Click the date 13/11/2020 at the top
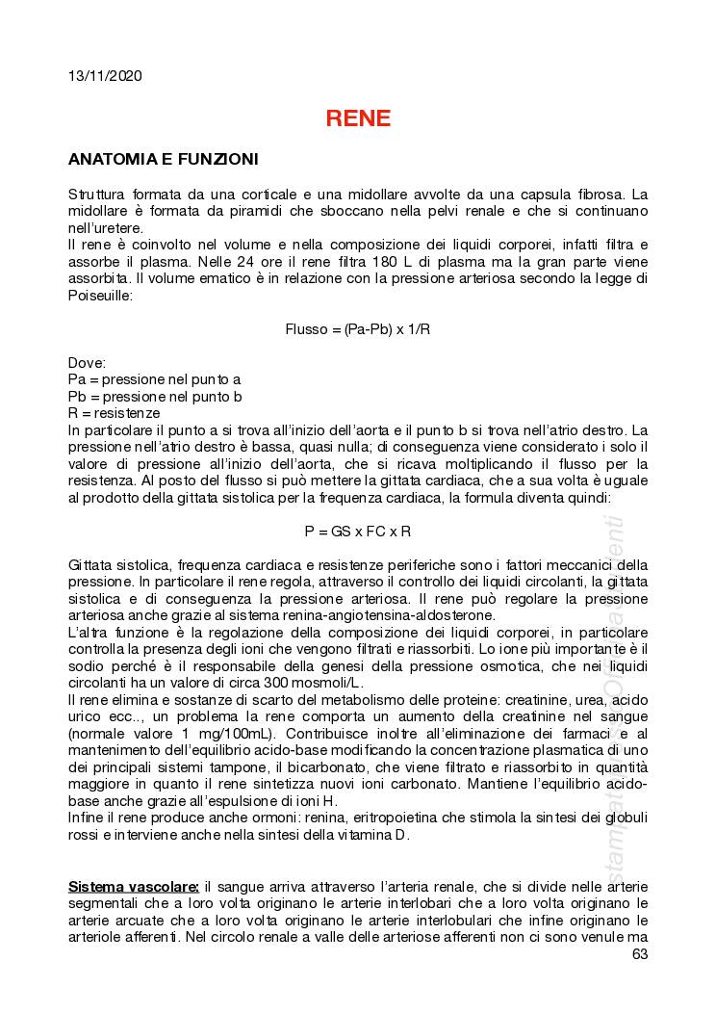tap(105, 76)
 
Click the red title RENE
tap(358, 118)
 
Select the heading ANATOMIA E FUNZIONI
tap(163, 159)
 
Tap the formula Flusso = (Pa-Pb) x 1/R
tap(358, 328)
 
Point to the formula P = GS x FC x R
tap(358, 531)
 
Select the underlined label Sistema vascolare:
tap(134, 886)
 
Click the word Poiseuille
tap(99, 296)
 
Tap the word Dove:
tap(88, 362)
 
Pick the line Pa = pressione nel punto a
tap(154, 379)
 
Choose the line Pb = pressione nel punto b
tap(154, 396)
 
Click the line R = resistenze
tap(115, 412)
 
